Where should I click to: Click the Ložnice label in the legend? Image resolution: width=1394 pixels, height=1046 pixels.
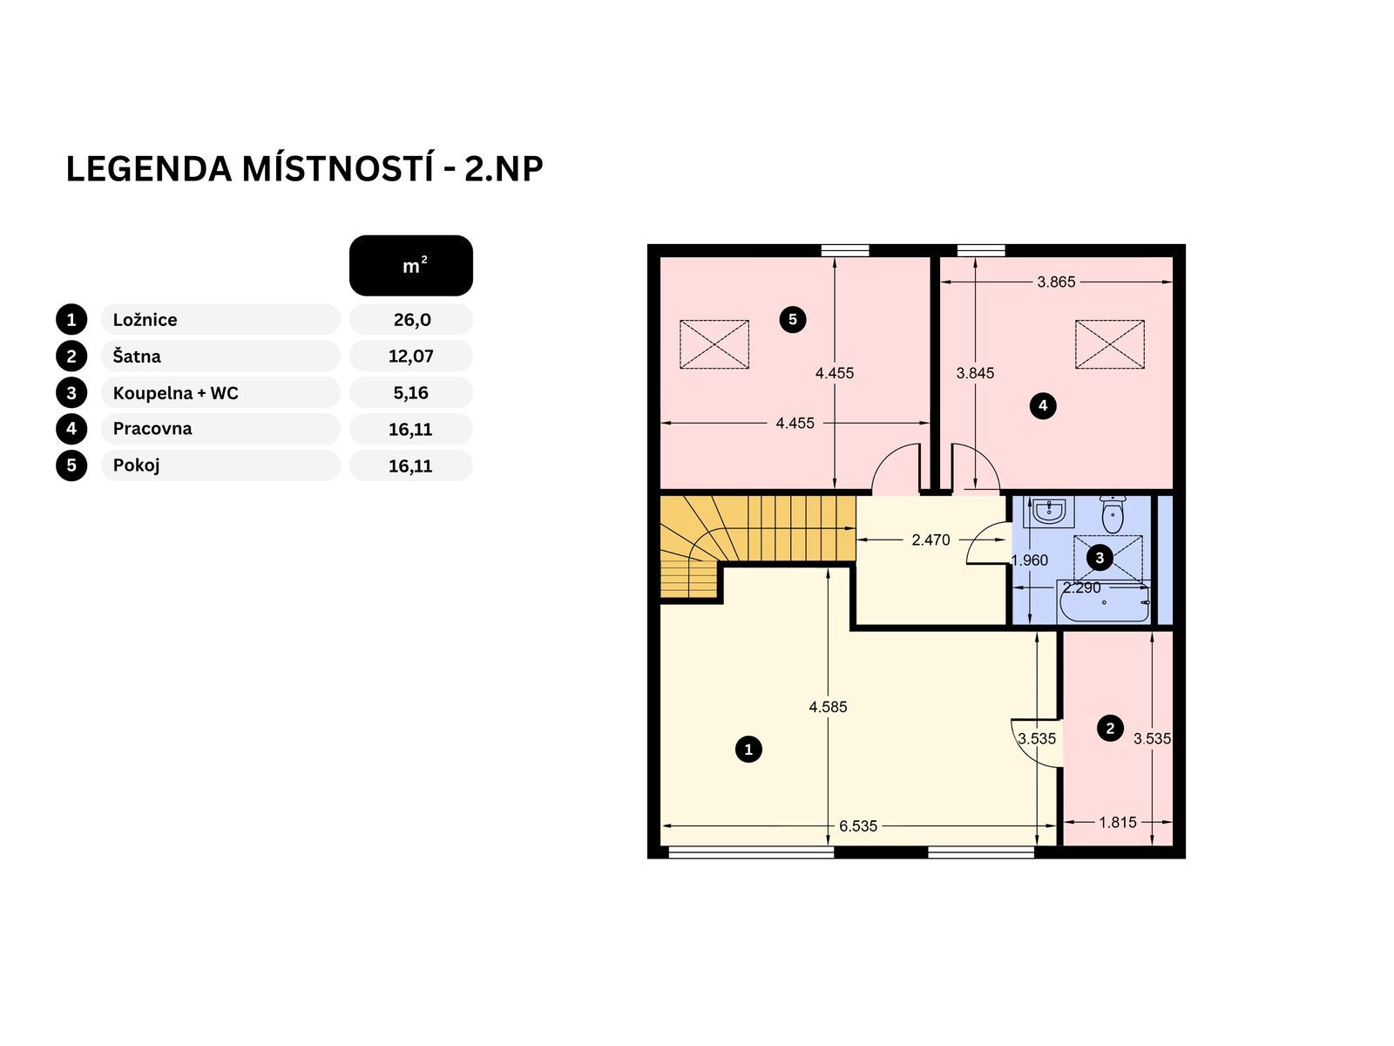[x=145, y=319]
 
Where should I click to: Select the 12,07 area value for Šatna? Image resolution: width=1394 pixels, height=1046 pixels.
[x=411, y=357]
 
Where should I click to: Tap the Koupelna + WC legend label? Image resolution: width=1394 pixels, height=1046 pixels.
[x=175, y=393]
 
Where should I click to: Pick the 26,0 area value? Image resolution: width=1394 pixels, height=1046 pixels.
[x=412, y=319]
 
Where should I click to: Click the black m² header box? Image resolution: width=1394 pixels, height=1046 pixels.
[x=411, y=266]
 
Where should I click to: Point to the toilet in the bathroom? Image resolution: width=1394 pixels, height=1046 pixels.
[x=1112, y=513]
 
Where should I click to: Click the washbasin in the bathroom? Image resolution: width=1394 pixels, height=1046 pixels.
[x=1048, y=512]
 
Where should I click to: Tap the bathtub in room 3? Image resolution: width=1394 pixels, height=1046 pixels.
[x=1105, y=601]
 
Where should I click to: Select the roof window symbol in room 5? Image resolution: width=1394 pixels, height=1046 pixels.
[x=714, y=344]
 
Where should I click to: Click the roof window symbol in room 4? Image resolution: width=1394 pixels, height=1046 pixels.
[x=1109, y=344]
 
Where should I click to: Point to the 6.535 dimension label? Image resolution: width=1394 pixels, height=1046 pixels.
[x=858, y=826]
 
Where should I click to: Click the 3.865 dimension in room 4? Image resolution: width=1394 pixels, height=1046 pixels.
[x=1056, y=282]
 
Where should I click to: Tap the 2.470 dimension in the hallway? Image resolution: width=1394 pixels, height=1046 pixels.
[x=930, y=540]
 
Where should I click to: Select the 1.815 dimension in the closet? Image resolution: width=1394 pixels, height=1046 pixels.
[x=1118, y=823]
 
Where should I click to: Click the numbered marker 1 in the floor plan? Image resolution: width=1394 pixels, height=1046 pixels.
[x=748, y=750]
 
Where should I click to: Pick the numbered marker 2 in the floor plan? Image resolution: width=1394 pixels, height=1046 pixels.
[x=1110, y=729]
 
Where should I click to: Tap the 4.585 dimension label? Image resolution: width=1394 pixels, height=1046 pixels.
[x=828, y=707]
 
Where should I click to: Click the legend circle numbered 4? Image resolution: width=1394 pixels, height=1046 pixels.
[x=71, y=430]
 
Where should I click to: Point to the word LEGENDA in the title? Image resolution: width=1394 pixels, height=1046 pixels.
[x=149, y=170]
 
